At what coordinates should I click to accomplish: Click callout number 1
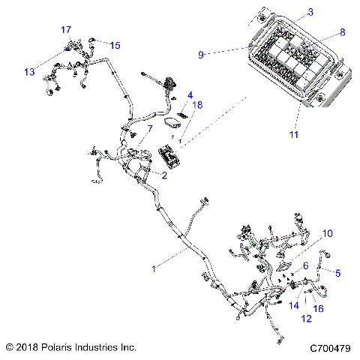[154, 267]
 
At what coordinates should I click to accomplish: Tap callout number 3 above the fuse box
[289, 12]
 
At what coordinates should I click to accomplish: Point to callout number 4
[190, 95]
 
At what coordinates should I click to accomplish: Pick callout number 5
[337, 273]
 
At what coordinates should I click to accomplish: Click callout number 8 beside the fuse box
[343, 32]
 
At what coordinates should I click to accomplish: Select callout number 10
[326, 233]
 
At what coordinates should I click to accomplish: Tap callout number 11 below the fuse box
[293, 135]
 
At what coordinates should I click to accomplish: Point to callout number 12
[305, 319]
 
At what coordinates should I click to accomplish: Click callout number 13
[29, 72]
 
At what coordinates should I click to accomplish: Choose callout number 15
[115, 45]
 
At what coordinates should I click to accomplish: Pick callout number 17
[65, 29]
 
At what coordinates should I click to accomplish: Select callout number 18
[197, 106]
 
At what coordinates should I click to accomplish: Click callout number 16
[318, 308]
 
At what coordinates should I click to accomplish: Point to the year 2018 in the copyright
[27, 348]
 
